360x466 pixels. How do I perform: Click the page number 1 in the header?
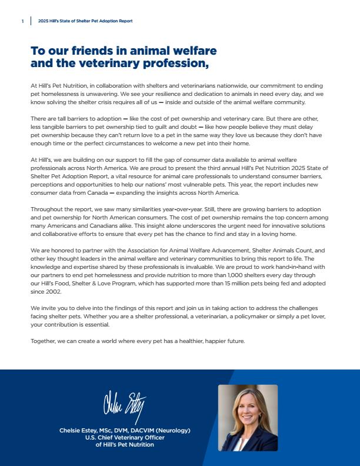pyautogui.click(x=22, y=21)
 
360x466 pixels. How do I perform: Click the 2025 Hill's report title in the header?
pyautogui.click(x=85, y=21)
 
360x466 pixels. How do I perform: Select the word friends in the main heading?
pyautogui.click(x=92, y=51)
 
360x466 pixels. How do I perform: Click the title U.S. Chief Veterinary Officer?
pyautogui.click(x=125, y=438)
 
